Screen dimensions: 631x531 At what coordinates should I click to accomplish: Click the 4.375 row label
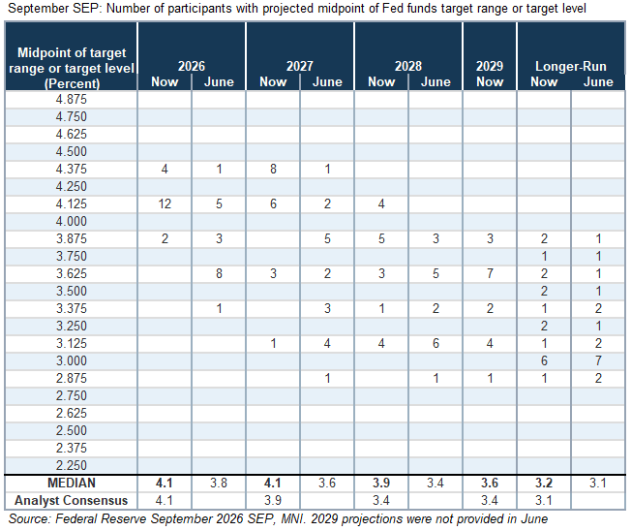pos(72,169)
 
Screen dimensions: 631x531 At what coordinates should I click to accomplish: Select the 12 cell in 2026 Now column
pos(165,203)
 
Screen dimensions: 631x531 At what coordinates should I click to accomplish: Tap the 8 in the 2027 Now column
pos(273,169)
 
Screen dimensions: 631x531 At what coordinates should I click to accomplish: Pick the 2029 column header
pos(490,66)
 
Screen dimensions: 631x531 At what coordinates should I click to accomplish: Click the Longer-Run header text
pos(571,66)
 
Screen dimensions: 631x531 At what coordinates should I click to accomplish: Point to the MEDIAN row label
pos(72,483)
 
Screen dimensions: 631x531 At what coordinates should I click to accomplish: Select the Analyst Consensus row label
pos(72,500)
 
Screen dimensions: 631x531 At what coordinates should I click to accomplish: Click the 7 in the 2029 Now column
pos(490,273)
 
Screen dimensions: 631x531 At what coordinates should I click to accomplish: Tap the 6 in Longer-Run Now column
pos(544,360)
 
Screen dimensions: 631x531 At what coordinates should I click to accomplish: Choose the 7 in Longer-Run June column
pos(598,360)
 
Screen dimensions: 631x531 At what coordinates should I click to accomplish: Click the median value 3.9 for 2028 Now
pos(381,483)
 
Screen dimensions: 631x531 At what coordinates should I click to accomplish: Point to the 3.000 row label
pos(72,360)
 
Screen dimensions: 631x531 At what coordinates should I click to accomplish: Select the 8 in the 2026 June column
pos(219,273)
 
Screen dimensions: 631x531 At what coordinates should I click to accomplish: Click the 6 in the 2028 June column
pos(436,343)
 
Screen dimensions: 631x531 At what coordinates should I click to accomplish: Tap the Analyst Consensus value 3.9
pos(273,500)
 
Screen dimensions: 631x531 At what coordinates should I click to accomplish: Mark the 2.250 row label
pos(72,465)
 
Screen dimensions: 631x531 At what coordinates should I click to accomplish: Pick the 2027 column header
pos(300,66)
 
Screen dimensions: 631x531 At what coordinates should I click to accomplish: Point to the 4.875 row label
pos(72,99)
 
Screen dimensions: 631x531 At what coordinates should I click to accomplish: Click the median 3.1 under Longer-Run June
pos(598,483)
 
